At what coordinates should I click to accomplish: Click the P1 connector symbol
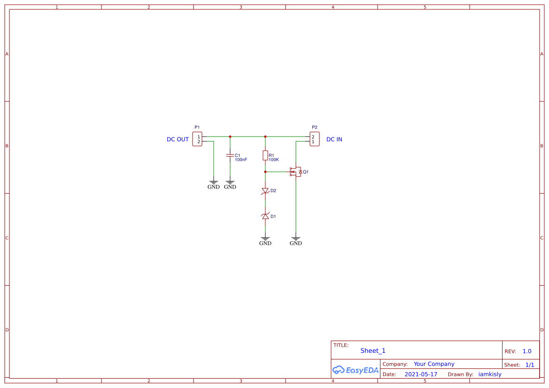point(197,139)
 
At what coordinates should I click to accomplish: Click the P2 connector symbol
point(315,139)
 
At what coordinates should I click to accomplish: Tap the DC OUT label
point(178,139)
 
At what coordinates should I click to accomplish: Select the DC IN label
point(334,139)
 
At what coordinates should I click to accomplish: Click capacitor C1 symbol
point(230,154)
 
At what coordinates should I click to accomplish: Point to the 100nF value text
point(241,160)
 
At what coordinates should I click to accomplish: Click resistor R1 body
point(265,155)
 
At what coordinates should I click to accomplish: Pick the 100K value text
point(274,160)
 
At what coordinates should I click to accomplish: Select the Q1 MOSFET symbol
point(296,172)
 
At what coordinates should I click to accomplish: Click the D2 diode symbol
point(265,191)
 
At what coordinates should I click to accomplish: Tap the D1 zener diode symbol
point(265,216)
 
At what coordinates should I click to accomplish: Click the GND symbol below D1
point(265,241)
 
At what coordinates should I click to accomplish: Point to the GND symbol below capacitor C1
point(230,184)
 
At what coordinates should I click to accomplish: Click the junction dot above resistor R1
point(265,137)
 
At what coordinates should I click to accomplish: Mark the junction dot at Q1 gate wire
point(265,172)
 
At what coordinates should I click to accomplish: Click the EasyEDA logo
point(356,370)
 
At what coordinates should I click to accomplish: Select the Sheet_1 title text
point(373,350)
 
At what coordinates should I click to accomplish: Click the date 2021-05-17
point(421,374)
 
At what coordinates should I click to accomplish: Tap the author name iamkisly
point(490,374)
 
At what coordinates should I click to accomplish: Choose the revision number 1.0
point(527,351)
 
